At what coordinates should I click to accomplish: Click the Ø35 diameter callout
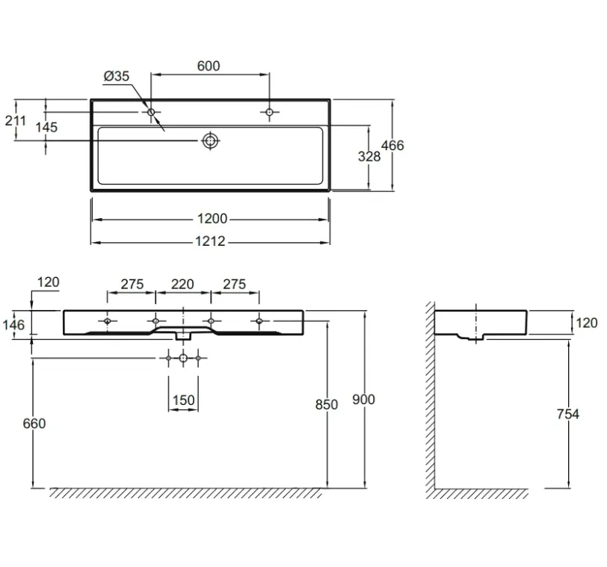pos(117,76)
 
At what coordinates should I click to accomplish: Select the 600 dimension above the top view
pos(209,66)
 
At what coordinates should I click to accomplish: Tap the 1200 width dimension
pos(212,219)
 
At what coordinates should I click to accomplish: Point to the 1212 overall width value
pos(210,242)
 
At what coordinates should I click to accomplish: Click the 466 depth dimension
pos(392,146)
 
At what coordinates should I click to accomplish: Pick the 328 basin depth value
pos(369,157)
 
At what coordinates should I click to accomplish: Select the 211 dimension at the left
pos(16,121)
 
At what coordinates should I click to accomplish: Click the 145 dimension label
pos(46,127)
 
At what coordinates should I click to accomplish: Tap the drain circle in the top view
pos(211,140)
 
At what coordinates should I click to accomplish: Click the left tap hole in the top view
pos(151,112)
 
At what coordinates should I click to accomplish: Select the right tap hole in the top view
pos(269,112)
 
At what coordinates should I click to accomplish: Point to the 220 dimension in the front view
pos(182,285)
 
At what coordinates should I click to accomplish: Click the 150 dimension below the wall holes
pos(183,400)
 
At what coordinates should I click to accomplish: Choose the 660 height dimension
pos(34,424)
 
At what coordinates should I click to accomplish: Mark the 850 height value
pos(327,405)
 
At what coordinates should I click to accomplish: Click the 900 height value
pos(363,400)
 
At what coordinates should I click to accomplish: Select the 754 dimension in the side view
pos(568,414)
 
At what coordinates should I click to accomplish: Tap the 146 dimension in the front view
pos(13,325)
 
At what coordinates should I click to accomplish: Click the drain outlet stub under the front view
pos(183,335)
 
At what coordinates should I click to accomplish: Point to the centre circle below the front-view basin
pos(183,358)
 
